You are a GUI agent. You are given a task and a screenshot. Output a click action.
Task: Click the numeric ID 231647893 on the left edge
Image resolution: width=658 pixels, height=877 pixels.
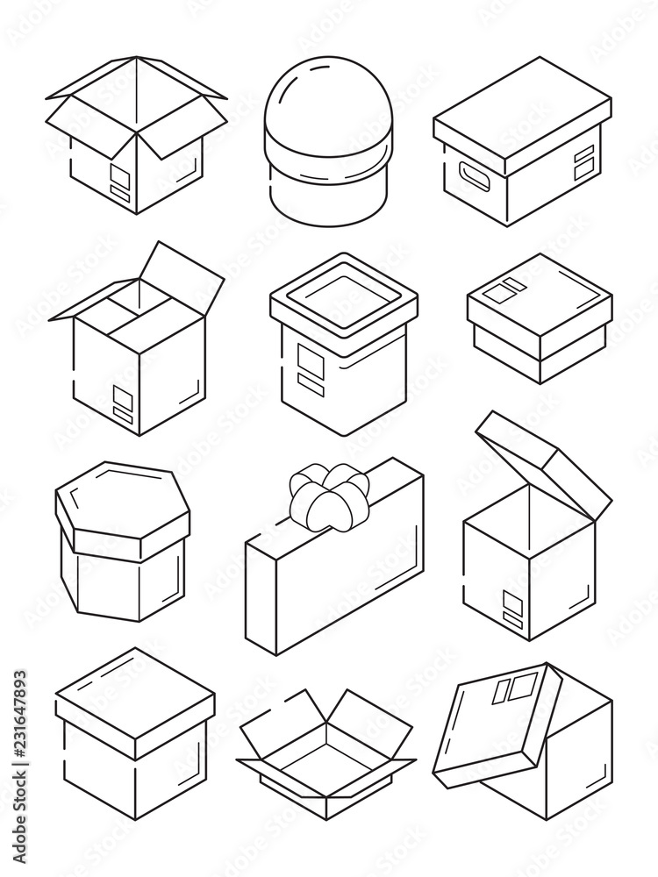point(18,745)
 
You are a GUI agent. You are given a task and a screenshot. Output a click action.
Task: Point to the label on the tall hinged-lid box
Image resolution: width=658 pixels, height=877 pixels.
point(509,603)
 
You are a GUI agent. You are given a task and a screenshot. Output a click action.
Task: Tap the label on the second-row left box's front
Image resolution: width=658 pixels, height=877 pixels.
point(124,404)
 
